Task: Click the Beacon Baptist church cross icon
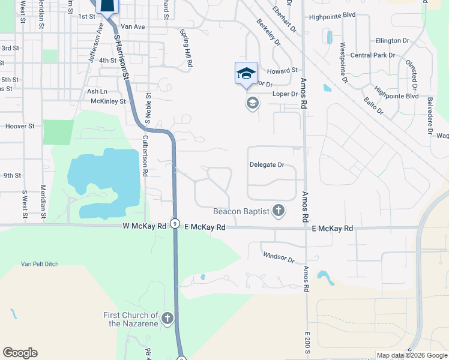[x=278, y=210]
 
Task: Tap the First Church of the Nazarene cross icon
[x=167, y=318]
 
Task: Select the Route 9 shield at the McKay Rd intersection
[x=173, y=223]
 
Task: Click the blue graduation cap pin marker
[x=246, y=74]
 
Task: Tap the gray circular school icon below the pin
[x=252, y=103]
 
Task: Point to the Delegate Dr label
[x=267, y=164]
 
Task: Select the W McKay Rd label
[x=144, y=227]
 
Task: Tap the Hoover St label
[x=20, y=127]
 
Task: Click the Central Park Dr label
[x=372, y=55]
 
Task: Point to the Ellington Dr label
[x=392, y=40]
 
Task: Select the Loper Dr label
[x=286, y=94]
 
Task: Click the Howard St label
[x=287, y=71]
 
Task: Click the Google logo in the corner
[x=20, y=353]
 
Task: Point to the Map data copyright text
[x=412, y=355]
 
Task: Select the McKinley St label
[x=108, y=101]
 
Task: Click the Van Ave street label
[x=133, y=27]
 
